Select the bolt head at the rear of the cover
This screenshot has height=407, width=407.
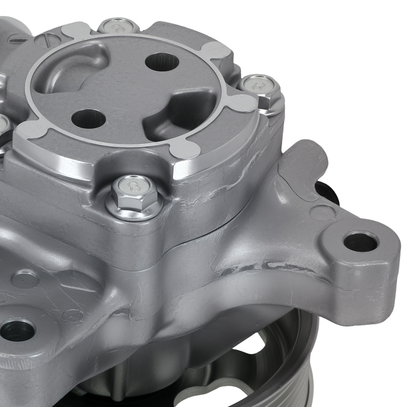118,27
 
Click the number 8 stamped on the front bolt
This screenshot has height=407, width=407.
133,186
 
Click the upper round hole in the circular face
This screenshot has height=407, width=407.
162,62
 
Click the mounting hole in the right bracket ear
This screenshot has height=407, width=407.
361,242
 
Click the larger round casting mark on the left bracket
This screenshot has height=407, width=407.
25,279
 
